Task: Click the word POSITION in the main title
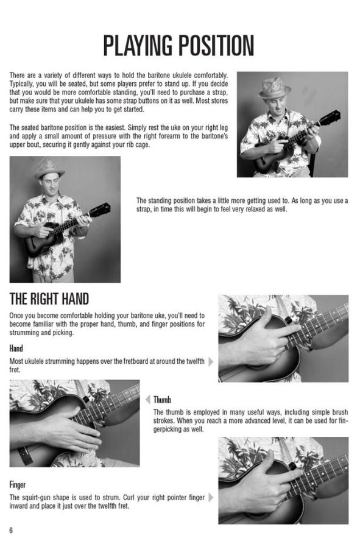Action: (216, 45)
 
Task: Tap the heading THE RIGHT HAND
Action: (49, 299)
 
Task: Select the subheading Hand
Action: (16, 348)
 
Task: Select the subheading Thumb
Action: (162, 400)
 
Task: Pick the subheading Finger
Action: (17, 485)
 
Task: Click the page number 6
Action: (11, 530)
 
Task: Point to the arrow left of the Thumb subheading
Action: (148, 400)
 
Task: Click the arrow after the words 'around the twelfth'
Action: (211, 362)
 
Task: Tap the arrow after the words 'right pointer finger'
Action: (211, 498)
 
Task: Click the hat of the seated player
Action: (274, 88)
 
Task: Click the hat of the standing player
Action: (49, 169)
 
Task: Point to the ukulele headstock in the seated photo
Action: (330, 118)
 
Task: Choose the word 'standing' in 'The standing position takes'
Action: (160, 200)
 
